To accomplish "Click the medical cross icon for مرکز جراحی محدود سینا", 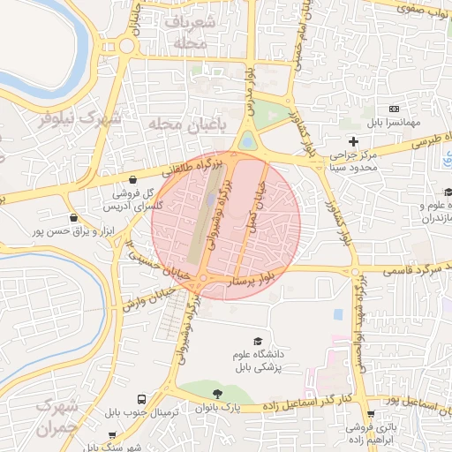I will point(354,141).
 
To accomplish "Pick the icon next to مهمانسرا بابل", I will point(394,108).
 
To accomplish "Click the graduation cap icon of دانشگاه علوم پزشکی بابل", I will point(258,341).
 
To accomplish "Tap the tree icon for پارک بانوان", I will point(217,394).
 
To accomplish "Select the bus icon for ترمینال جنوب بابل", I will point(142,399).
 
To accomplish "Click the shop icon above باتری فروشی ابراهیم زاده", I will point(371,414).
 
